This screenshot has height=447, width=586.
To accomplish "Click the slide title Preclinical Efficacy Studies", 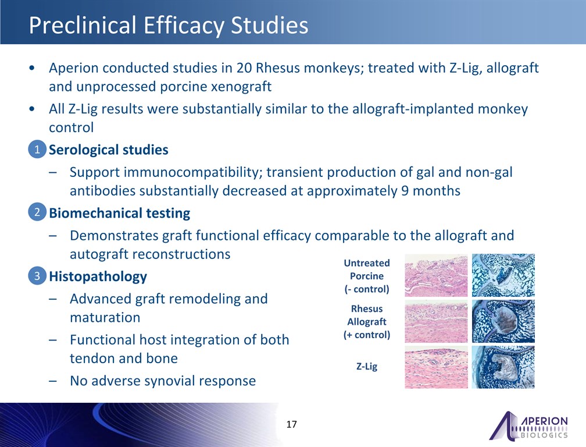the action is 169,26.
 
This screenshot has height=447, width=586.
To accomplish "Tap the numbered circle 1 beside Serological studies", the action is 37,149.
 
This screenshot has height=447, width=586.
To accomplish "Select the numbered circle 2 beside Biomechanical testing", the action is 37,212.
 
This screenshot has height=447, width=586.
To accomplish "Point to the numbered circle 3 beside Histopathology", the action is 37,276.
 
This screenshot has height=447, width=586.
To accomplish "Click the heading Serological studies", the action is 109,150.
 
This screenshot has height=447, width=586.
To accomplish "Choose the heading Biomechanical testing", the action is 120,213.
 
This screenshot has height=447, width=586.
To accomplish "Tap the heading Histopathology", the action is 98,276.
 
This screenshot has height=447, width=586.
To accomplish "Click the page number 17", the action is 291,424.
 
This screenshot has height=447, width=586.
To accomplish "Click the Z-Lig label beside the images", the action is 367,366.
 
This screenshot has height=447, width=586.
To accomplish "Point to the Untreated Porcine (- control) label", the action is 367,276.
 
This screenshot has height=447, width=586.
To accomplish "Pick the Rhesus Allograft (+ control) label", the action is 367,322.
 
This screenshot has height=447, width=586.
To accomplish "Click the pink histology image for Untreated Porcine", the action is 436,276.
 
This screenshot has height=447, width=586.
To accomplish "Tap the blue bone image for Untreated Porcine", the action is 503,275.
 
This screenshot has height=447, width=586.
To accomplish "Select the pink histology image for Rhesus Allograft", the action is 436,321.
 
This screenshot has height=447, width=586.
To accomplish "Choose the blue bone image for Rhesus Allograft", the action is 503,321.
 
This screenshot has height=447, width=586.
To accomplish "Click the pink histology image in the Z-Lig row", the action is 436,367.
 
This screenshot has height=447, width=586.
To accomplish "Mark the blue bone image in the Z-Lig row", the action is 503,367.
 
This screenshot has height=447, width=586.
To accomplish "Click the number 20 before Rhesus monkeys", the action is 244,68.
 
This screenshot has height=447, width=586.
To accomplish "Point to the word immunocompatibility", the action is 193,172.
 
